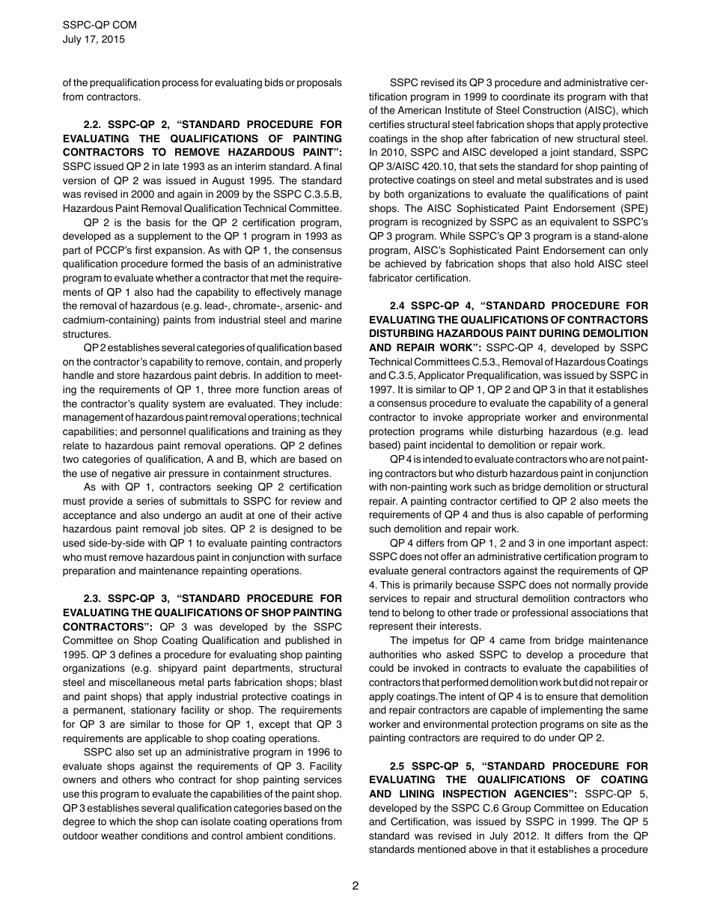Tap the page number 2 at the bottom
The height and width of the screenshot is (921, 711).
point(355,886)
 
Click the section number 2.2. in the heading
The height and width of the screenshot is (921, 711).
point(95,124)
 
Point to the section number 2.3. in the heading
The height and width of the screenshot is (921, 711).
point(95,599)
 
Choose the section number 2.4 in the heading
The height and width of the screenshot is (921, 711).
point(400,306)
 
